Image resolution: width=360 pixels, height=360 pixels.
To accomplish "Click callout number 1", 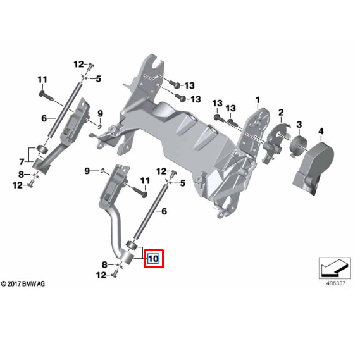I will click(258, 100).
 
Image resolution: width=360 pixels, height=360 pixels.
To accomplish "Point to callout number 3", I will click(299, 124).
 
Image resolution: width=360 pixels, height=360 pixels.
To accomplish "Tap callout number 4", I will click(321, 131).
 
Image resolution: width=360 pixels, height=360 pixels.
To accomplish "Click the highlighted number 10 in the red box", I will click(153, 259).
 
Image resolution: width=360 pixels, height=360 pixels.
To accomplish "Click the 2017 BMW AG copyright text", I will click(23, 284).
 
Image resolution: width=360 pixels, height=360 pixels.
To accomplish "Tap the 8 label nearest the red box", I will click(104, 264).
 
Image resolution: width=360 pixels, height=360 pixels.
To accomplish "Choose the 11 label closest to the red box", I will click(144, 181).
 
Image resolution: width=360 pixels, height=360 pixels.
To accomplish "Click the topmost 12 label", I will click(78, 64).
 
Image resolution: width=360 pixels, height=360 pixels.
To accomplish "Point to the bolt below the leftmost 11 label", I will click(44, 94).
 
